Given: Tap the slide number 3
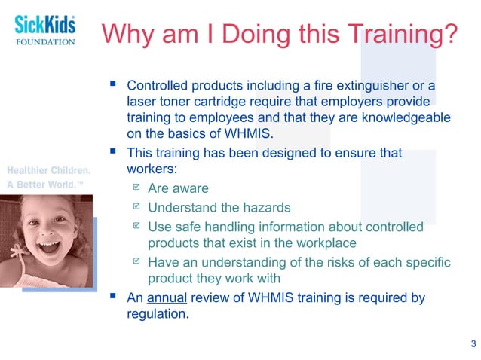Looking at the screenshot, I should point(473,344).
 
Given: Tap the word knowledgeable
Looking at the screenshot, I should point(406,118).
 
